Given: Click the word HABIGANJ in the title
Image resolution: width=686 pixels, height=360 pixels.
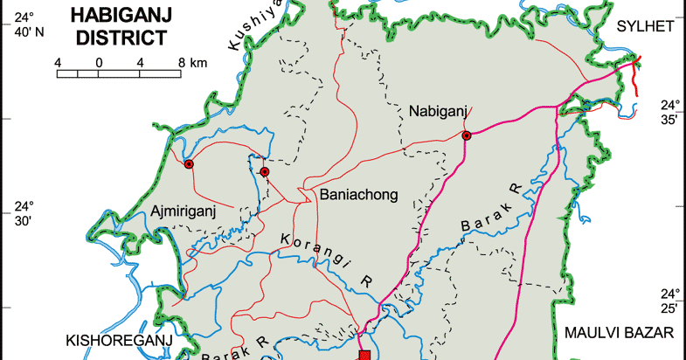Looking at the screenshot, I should coord(121,15).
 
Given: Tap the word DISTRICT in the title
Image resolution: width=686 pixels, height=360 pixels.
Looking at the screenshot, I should coord(121,37).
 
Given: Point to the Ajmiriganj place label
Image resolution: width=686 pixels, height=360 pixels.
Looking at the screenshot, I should coord(183,211).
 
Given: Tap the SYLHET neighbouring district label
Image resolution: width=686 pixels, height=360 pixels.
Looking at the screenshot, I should coord(645,26).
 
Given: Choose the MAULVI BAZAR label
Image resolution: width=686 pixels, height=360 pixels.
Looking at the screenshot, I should coord(620,333).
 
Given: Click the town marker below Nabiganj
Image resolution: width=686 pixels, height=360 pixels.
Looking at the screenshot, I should coord(467,135).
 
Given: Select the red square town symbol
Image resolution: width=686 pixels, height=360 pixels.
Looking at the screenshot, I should coord(365,356).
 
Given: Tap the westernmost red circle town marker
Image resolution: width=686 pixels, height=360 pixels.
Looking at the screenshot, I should coord(188,163).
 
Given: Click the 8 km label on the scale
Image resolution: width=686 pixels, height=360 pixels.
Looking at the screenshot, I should coord(192,62).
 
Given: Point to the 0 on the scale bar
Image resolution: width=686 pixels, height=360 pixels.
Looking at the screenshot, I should coord(100,62).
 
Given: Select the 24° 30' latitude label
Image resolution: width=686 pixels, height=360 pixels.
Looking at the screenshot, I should coord(23,214).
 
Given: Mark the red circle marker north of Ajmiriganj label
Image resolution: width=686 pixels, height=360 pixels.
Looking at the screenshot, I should coord(265,172).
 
